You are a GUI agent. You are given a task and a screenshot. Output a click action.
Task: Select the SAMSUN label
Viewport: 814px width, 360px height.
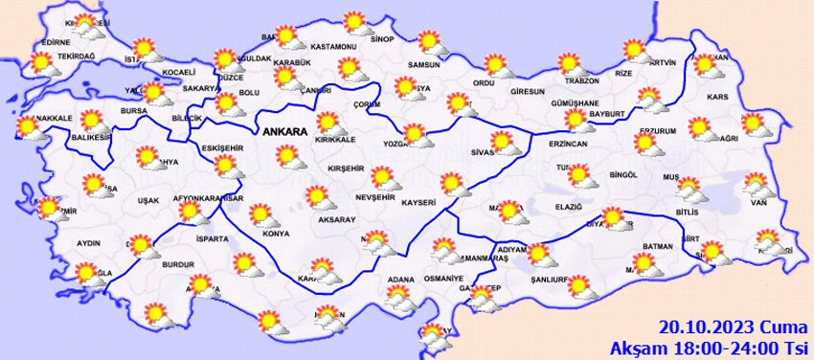[x=423, y=65]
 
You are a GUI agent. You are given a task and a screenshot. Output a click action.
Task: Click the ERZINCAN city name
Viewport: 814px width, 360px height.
[x=568, y=143]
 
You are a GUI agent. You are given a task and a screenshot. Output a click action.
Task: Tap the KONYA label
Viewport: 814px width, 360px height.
[x=276, y=234]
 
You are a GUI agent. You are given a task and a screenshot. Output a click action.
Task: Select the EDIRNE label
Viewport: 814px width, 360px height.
[x=57, y=42]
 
